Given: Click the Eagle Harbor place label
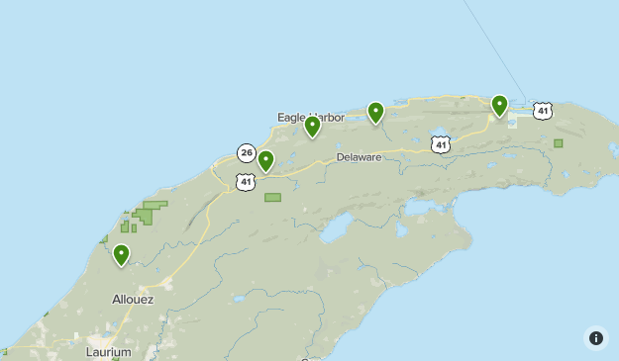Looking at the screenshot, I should pos(310,117).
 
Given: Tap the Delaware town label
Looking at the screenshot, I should pos(359,157).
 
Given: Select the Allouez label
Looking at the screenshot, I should pos(133,298).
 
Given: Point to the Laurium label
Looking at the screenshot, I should pos(109,351).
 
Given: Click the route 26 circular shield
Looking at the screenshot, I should pos(247,152).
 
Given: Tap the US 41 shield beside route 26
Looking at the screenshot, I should pos(246,181).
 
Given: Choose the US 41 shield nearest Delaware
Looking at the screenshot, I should pos(441,144).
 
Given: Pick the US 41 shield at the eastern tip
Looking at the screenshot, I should pos(542,111).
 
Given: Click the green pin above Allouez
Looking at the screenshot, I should pos(121,255).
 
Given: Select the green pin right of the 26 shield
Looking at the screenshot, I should pos(265,160).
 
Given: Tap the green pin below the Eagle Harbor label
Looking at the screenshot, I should pos(312,126).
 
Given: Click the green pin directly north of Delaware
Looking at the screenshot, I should pos(375,112).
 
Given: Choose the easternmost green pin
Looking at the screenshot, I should pos(499,105).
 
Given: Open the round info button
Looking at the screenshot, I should pos(595,337).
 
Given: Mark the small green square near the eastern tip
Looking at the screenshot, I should pos(558,143).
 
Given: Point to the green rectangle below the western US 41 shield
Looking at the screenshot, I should pos(272,197).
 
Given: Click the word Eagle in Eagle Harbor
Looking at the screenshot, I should pos(292,117).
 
